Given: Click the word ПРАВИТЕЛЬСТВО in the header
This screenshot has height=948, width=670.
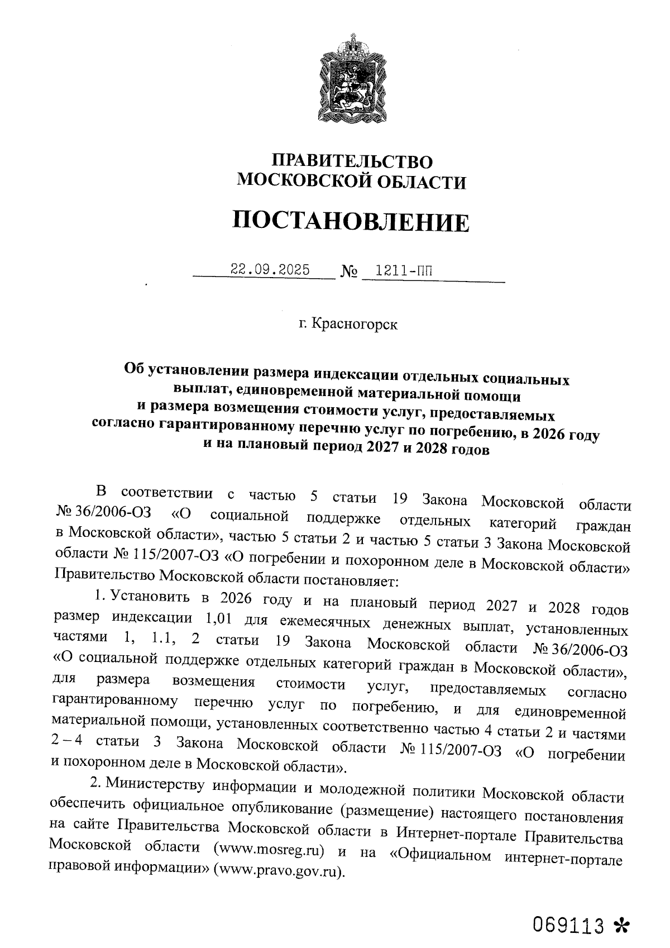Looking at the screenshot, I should point(352,161).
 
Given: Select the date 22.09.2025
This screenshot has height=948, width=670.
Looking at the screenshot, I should point(270,270).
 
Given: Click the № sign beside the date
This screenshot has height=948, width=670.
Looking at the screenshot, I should point(348,272).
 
